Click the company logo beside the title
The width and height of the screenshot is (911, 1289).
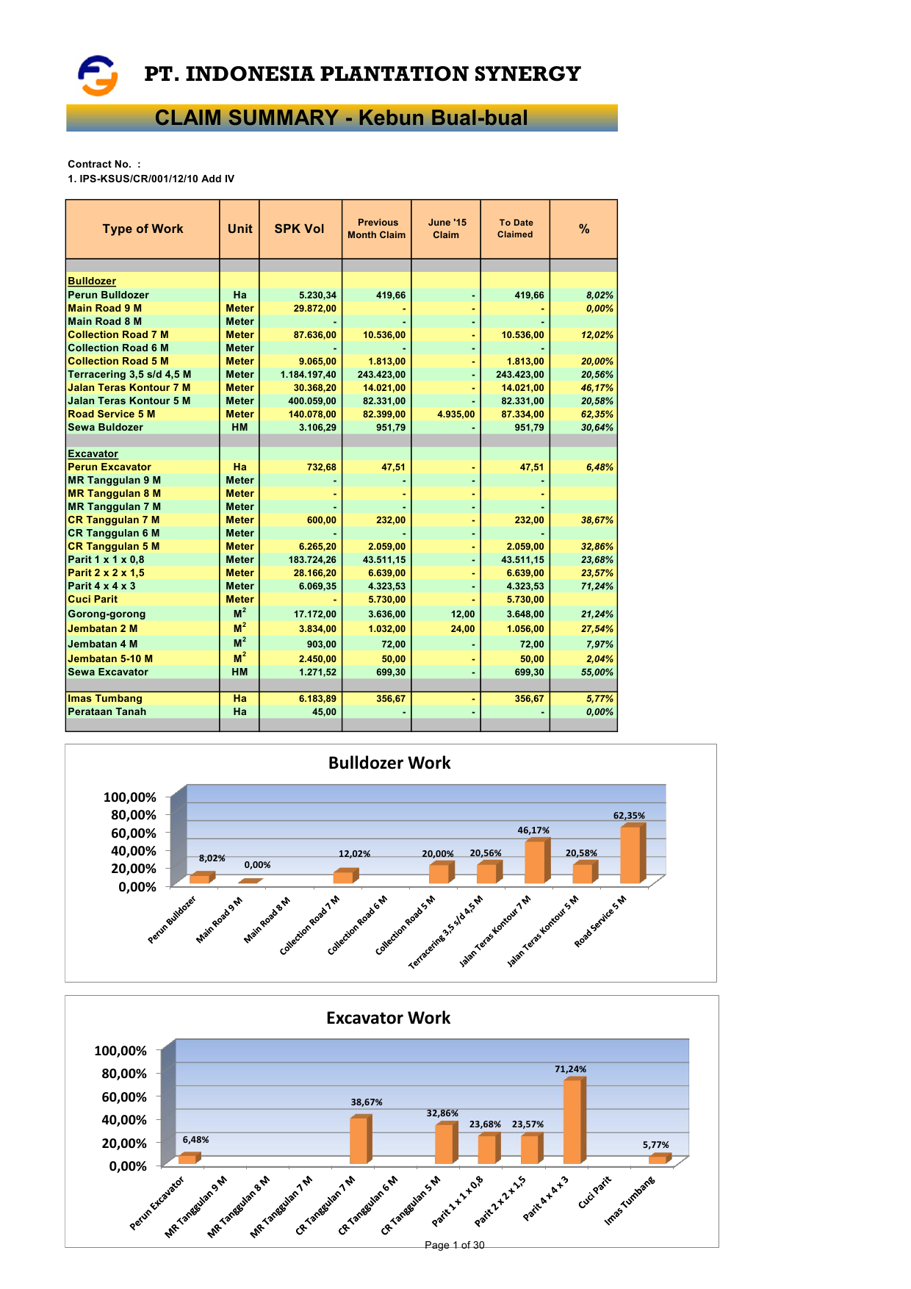pos(98,75)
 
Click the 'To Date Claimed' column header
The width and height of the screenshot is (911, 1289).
pos(515,229)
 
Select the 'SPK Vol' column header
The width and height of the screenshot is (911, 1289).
pos(299,229)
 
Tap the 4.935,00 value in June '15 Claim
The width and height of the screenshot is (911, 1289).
pos(455,414)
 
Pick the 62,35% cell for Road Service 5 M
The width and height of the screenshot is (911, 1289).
pos(597,414)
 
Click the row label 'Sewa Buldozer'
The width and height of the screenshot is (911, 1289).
pos(105,428)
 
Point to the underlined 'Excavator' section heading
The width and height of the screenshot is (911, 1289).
pos(93,454)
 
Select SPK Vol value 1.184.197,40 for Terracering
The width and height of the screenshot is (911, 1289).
pos(308,375)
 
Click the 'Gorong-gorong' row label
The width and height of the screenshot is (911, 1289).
pos(107,614)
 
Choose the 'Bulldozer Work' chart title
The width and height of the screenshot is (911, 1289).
pos(389,763)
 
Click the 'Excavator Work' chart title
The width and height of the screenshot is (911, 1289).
pos(388,1018)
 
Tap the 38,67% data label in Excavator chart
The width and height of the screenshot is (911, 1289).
pos(366,1102)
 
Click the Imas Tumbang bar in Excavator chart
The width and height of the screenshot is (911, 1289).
pos(658,1159)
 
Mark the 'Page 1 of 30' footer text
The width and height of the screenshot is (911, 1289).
pos(455,1245)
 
